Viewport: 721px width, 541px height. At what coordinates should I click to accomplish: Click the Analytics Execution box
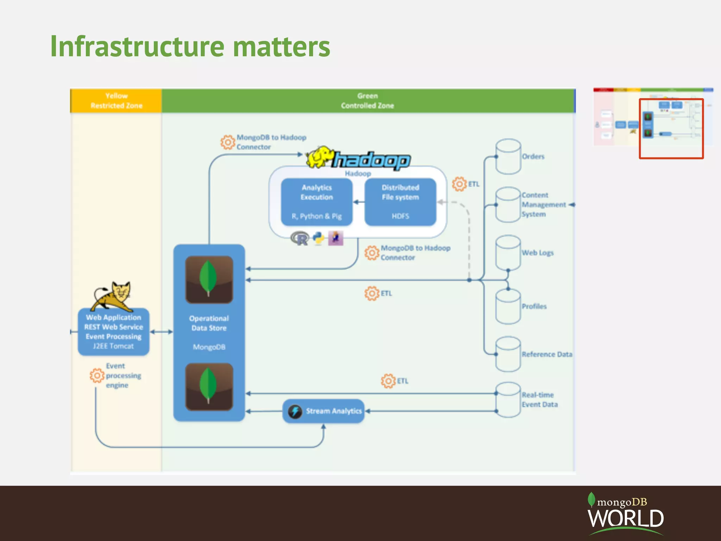click(x=316, y=201)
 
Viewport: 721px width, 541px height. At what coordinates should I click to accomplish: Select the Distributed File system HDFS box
click(x=400, y=201)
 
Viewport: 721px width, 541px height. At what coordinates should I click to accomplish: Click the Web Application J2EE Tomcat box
click(x=113, y=331)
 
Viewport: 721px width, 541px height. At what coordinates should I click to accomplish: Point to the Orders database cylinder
click(x=508, y=156)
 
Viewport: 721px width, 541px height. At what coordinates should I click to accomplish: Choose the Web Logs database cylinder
click(x=508, y=253)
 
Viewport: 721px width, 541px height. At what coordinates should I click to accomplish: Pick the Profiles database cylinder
click(x=508, y=306)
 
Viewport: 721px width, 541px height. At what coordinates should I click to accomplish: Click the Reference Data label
click(x=547, y=354)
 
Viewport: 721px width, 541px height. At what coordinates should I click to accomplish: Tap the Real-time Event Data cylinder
click(x=508, y=400)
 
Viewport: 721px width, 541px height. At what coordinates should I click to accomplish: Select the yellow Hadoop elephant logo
click(x=320, y=157)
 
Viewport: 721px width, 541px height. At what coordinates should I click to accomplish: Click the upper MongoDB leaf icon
click(x=209, y=279)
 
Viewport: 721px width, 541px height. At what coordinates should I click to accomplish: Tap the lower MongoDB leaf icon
click(x=209, y=387)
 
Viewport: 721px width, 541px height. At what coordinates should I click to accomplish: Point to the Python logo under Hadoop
click(x=319, y=238)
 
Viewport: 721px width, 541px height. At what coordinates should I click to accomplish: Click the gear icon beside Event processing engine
click(x=97, y=375)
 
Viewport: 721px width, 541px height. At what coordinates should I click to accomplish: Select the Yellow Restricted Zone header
click(x=116, y=101)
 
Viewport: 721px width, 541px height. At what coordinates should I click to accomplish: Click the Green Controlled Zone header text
click(x=367, y=101)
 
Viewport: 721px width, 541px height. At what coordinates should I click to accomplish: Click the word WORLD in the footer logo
click(x=626, y=518)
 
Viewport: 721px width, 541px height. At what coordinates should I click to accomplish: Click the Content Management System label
click(x=543, y=205)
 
